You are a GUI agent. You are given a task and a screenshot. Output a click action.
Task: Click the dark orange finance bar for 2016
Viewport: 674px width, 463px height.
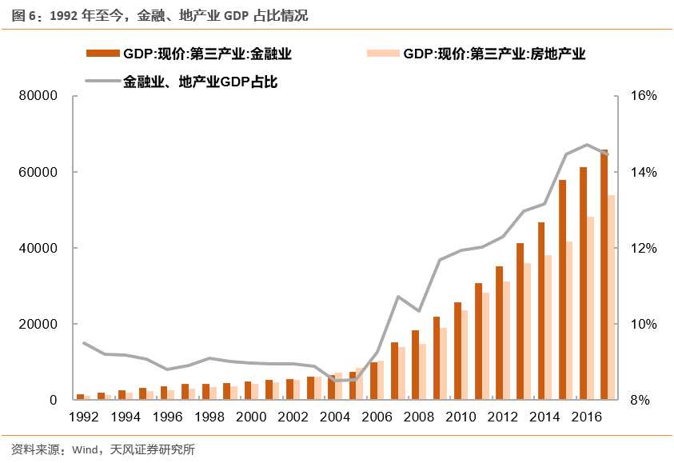(584, 284)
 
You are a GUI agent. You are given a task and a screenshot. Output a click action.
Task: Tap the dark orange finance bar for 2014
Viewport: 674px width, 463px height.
(541, 311)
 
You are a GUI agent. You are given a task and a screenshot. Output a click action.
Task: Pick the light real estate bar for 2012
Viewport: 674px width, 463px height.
(507, 341)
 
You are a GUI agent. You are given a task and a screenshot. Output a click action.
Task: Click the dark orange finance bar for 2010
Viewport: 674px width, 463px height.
(458, 351)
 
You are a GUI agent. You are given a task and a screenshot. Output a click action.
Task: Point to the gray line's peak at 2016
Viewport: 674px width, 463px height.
(587, 145)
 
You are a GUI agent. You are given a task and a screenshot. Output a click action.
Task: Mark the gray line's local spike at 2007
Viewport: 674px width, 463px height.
(398, 297)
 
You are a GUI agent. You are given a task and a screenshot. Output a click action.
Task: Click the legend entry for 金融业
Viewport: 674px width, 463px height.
(206, 54)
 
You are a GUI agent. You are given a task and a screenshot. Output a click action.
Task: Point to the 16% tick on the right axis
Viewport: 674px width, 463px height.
(643, 96)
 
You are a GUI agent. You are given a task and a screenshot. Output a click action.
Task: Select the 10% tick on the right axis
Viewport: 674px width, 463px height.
(643, 324)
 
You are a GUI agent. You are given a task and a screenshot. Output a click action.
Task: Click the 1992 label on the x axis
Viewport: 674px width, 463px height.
(83, 417)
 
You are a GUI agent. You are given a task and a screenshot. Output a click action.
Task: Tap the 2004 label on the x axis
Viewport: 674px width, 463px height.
(335, 417)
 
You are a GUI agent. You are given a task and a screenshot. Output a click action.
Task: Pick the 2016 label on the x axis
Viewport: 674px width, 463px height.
(587, 417)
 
